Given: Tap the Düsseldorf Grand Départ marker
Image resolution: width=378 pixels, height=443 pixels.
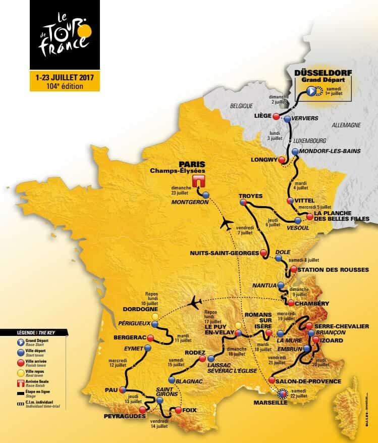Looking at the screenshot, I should [311, 91].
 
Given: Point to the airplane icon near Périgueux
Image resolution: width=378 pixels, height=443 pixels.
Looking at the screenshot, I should [195, 303].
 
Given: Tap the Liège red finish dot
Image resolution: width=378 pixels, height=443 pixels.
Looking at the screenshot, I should [276, 117].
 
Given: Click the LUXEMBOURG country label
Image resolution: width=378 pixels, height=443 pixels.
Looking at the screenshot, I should [310, 140].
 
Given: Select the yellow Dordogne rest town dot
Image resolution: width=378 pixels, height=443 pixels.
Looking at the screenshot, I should [155, 316].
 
